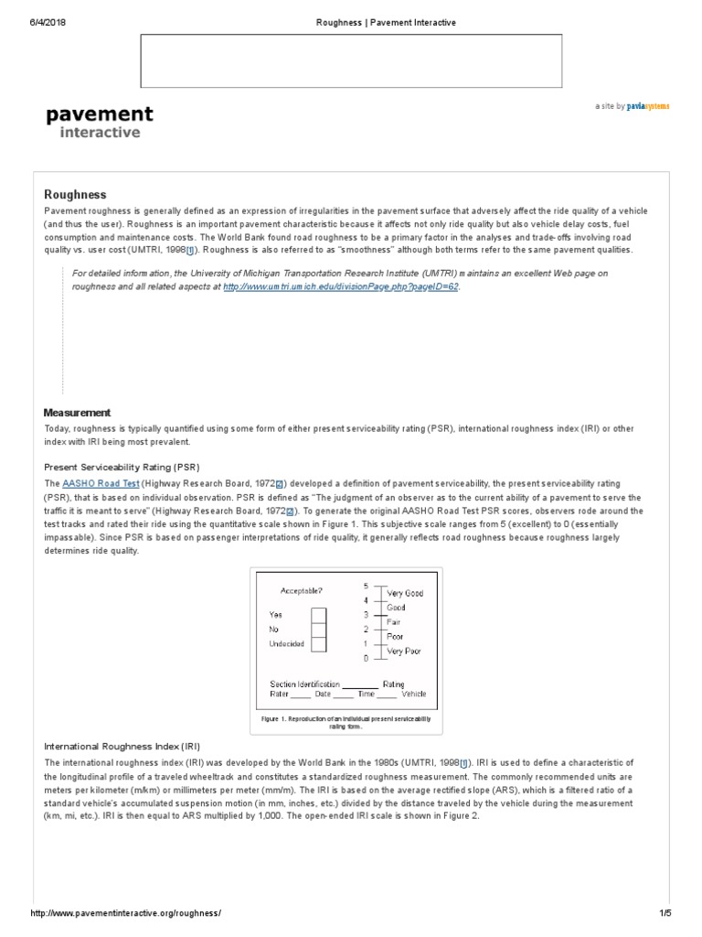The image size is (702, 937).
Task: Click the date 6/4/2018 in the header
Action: pos(48,22)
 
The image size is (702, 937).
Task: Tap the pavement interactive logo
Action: pos(100,123)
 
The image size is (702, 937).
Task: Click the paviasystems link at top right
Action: pos(648,106)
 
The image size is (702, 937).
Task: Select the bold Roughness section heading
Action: pos(76,195)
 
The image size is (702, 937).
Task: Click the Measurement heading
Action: pos(78,413)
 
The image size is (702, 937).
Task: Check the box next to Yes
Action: pos(318,615)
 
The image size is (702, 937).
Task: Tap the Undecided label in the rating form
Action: pos(287,644)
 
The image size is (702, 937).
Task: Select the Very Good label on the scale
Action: pos(405,593)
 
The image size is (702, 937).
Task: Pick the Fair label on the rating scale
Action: pos(395,621)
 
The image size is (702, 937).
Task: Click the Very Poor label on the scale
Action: pos(405,651)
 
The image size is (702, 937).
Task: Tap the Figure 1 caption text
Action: pos(346,723)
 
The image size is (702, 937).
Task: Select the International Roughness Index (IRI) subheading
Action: pos(122,747)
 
